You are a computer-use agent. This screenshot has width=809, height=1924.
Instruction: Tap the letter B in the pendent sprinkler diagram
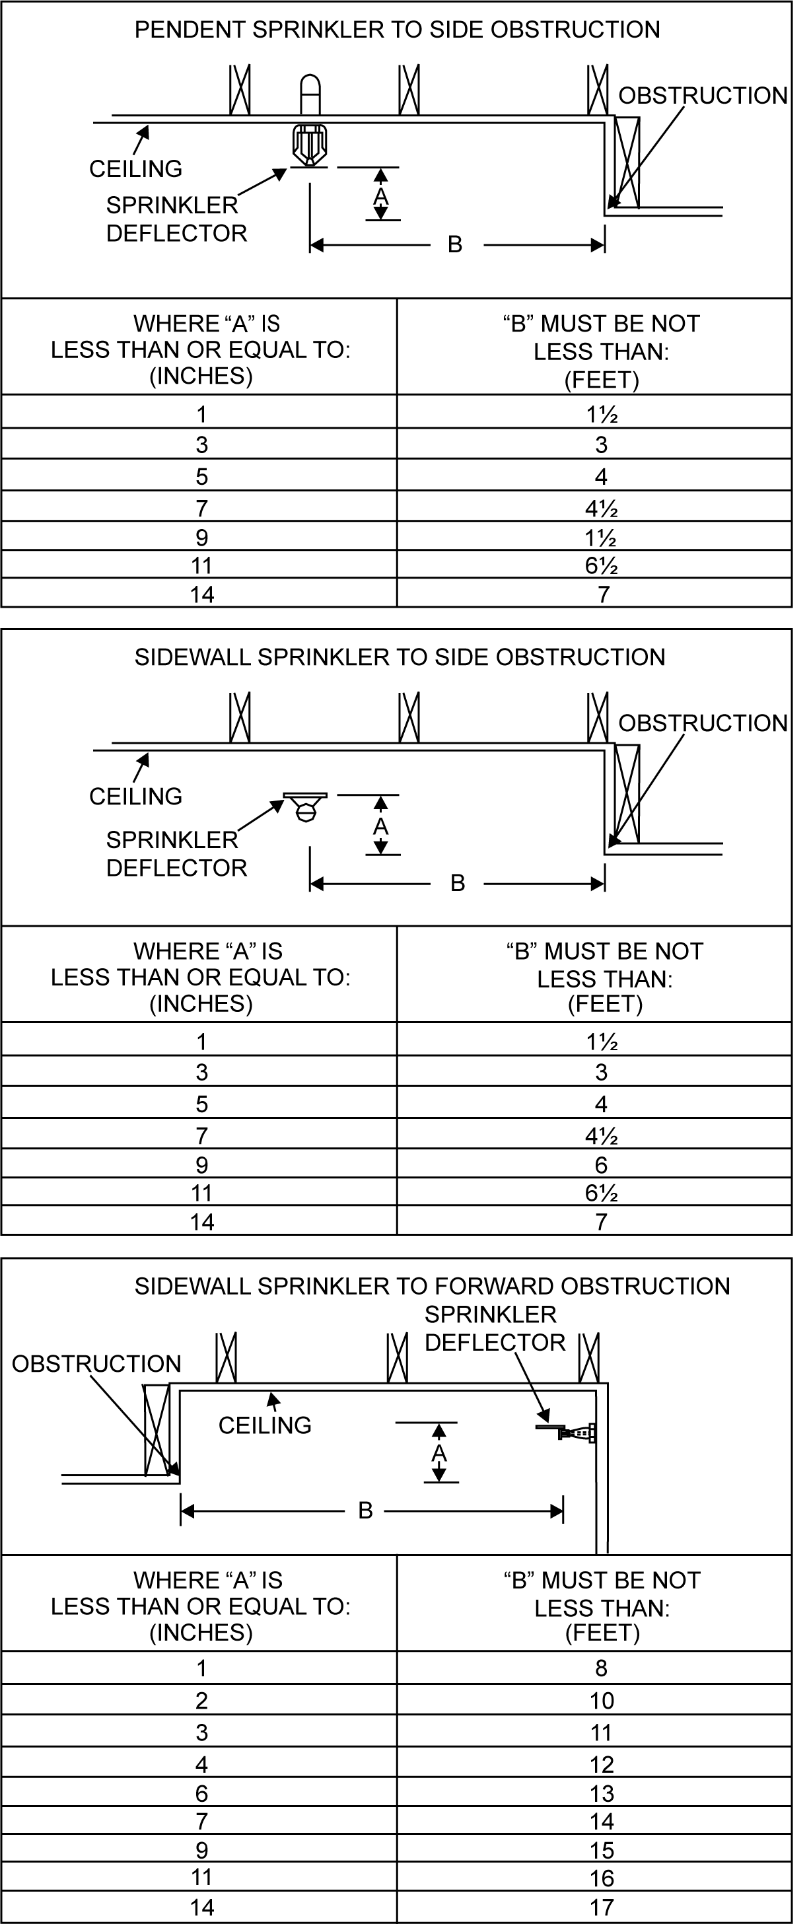[x=455, y=244]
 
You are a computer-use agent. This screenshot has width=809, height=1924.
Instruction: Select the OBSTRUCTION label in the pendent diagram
[x=702, y=96]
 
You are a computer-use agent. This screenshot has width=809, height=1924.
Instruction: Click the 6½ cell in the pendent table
[x=602, y=565]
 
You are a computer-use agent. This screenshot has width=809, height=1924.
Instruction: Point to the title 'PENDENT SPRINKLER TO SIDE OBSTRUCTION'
[x=397, y=30]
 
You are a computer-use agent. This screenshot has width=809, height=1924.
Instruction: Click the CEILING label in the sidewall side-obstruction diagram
[x=135, y=796]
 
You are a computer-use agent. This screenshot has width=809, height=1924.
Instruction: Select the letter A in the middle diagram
[x=381, y=827]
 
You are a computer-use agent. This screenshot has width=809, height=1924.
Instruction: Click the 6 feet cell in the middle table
[x=602, y=1165]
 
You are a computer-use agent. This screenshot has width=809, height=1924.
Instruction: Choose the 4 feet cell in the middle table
[x=602, y=1104]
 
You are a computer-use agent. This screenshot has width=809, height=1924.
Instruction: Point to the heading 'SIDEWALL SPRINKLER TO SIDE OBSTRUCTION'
[x=400, y=657]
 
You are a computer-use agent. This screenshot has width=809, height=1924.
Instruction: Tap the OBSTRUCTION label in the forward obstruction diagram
[x=96, y=1364]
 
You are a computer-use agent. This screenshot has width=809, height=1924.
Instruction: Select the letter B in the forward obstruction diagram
[x=365, y=1511]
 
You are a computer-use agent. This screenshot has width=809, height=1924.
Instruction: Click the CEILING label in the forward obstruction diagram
[x=264, y=1425]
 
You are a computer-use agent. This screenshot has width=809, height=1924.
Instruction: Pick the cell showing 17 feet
[x=602, y=1907]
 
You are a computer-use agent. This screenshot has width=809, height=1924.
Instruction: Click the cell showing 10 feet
[x=602, y=1701]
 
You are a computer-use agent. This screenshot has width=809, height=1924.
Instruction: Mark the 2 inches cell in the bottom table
[x=201, y=1701]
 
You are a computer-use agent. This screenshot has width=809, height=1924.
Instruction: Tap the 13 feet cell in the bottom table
[x=602, y=1793]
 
